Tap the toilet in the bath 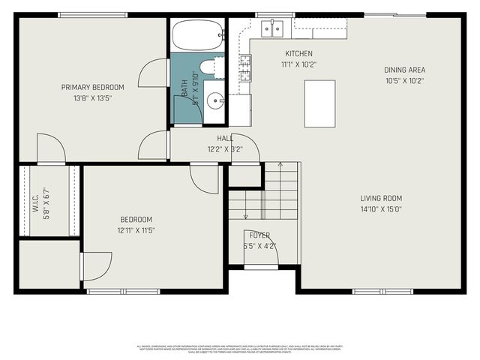pos(211,67)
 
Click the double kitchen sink pos(271,28)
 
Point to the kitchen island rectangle pos(319,103)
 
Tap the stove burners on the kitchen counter pos(244,69)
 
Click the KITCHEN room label pos(298,53)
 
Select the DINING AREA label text pos(405,70)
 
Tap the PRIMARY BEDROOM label pos(92,87)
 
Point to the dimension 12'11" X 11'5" pos(136,230)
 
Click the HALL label pos(225,138)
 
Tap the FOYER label pos(259,235)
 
